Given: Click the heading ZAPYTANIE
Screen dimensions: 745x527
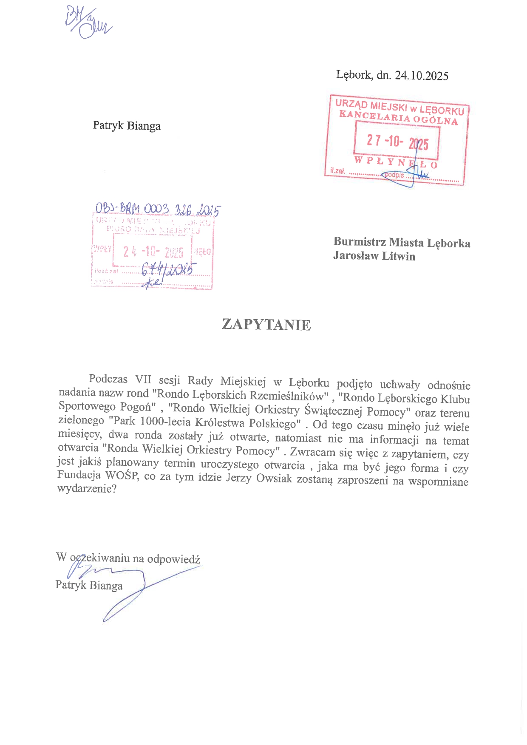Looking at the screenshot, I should (266, 325).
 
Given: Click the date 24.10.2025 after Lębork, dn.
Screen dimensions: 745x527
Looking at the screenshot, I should (421, 76).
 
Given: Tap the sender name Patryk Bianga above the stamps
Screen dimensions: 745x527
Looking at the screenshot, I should (127, 126).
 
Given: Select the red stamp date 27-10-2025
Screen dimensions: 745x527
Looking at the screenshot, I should (397, 142).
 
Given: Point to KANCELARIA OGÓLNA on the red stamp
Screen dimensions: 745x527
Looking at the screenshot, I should (398, 117).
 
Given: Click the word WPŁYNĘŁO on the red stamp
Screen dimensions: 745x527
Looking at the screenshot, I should (396, 162).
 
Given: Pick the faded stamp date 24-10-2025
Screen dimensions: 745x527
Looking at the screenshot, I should (153, 252).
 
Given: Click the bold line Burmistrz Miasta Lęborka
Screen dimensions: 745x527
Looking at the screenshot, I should (402, 243).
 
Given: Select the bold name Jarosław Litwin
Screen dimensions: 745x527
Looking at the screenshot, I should (374, 256).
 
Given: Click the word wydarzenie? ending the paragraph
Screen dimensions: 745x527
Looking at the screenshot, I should (87, 489).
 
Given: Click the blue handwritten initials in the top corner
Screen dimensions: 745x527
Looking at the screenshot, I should (88, 23).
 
